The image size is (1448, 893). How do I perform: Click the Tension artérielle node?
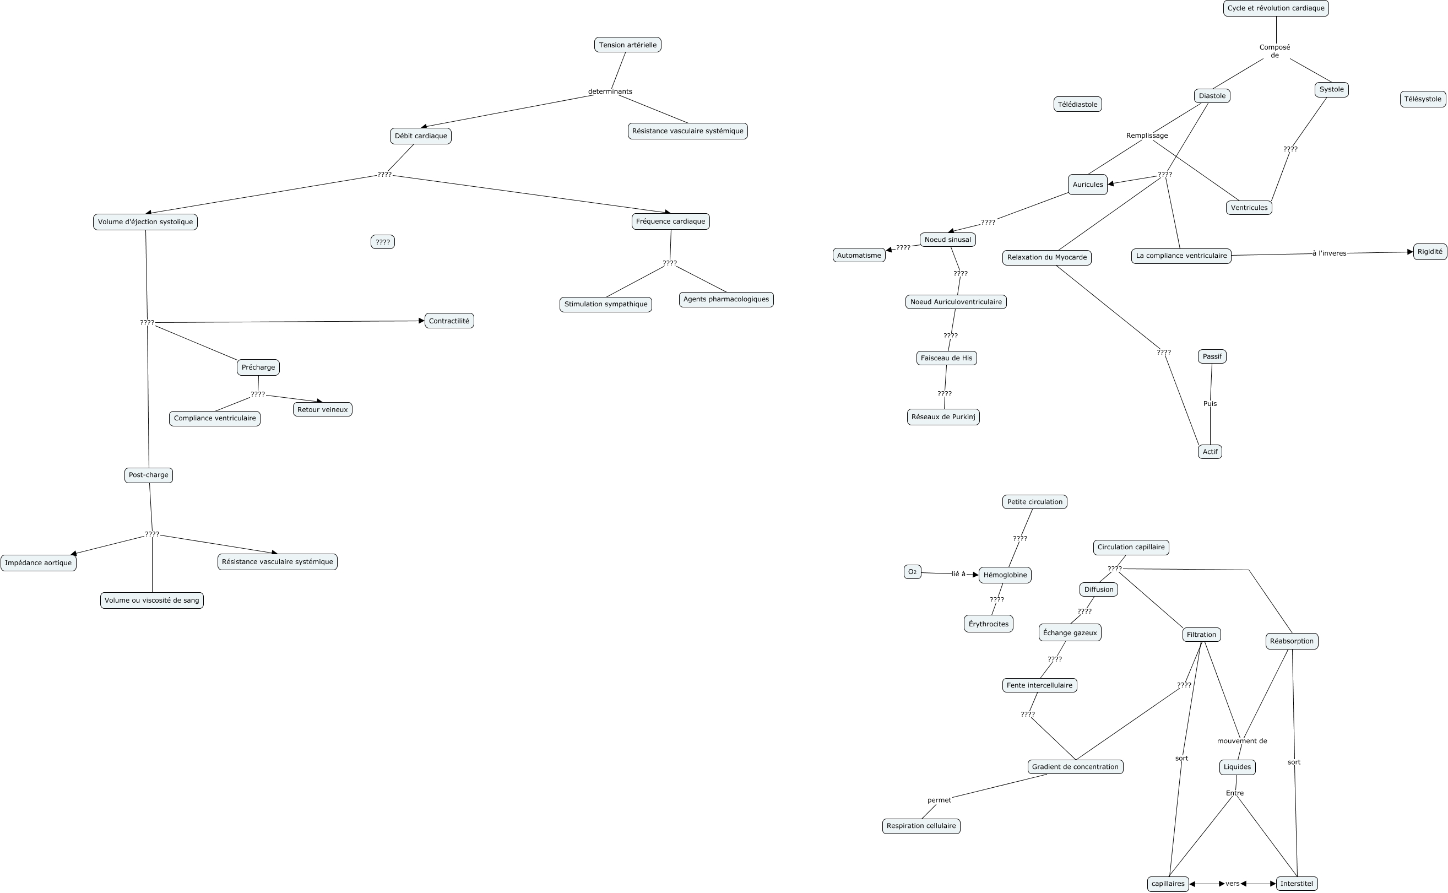(x=627, y=45)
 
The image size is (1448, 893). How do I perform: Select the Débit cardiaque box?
(x=420, y=136)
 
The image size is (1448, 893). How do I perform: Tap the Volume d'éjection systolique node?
(x=145, y=222)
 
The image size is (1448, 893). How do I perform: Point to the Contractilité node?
(x=449, y=321)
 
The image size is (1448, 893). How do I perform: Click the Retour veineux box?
(x=322, y=409)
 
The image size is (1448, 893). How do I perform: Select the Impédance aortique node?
(x=39, y=563)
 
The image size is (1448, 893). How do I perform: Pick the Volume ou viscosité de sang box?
(x=151, y=600)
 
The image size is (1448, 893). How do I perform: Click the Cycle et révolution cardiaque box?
(x=1276, y=8)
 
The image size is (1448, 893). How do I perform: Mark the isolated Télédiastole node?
(x=1077, y=105)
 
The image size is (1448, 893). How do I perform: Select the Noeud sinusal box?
(x=947, y=239)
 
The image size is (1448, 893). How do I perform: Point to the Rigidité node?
(x=1430, y=252)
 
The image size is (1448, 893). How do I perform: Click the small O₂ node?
(x=912, y=572)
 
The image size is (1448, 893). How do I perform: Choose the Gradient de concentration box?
(x=1075, y=767)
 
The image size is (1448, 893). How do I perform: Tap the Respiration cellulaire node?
(x=921, y=826)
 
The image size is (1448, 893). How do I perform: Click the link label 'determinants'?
(x=610, y=91)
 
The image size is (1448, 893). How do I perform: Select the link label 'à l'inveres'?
(x=1329, y=253)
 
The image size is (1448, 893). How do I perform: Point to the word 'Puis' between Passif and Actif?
(x=1210, y=404)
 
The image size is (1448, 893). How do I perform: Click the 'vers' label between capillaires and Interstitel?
(x=1232, y=884)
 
